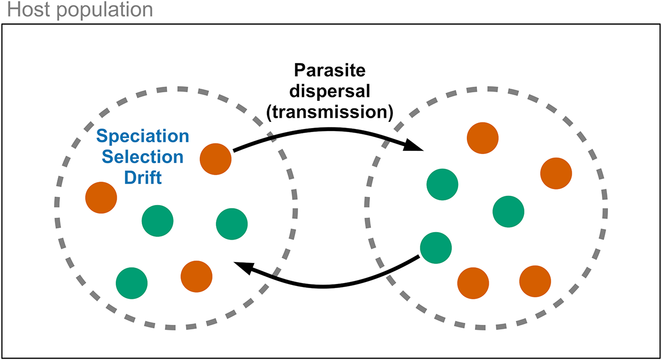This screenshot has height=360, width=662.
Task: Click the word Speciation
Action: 142,137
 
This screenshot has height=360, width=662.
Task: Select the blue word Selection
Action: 142,157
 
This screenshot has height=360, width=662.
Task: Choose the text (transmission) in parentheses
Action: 329,113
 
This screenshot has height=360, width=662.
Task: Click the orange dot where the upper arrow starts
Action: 216,159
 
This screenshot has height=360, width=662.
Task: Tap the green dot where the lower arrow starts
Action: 436,247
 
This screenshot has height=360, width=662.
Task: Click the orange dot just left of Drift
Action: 101,197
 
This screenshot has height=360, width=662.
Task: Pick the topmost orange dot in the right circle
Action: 483,138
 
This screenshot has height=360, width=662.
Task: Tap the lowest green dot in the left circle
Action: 131,283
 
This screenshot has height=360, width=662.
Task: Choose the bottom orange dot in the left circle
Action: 196,276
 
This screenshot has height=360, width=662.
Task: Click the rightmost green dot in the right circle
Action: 509,211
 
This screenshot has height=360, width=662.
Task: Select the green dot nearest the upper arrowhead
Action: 442,185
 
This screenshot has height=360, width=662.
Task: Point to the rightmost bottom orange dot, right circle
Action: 535,281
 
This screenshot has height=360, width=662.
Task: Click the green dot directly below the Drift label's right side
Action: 157,221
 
